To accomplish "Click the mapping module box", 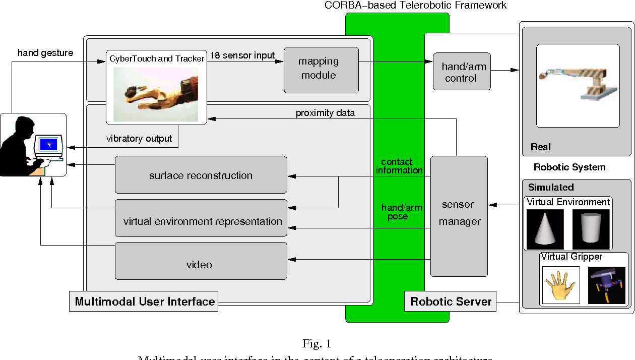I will [321, 70].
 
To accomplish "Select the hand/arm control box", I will [462, 72].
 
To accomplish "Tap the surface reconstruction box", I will [201, 175].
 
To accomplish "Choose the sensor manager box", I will [459, 216].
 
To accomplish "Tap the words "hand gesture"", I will [45, 53].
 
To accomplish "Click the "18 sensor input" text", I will [242, 55].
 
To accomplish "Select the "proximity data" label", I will [325, 113].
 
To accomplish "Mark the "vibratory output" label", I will [139, 139].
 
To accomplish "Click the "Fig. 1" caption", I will [316, 344].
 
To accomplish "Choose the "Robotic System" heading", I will [569, 167].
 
